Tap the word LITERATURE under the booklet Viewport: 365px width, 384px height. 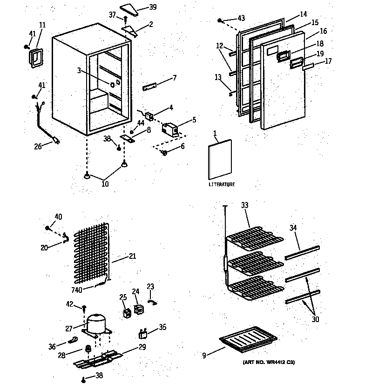pyautogui.click(x=222, y=185)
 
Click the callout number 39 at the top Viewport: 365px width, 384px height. pyautogui.click(x=153, y=7)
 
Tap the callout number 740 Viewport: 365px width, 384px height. pyautogui.click(x=77, y=290)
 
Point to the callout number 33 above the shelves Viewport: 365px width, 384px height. pyautogui.click(x=245, y=205)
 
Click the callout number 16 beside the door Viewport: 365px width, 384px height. pyautogui.click(x=323, y=31)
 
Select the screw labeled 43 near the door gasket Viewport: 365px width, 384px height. pyautogui.click(x=221, y=20)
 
